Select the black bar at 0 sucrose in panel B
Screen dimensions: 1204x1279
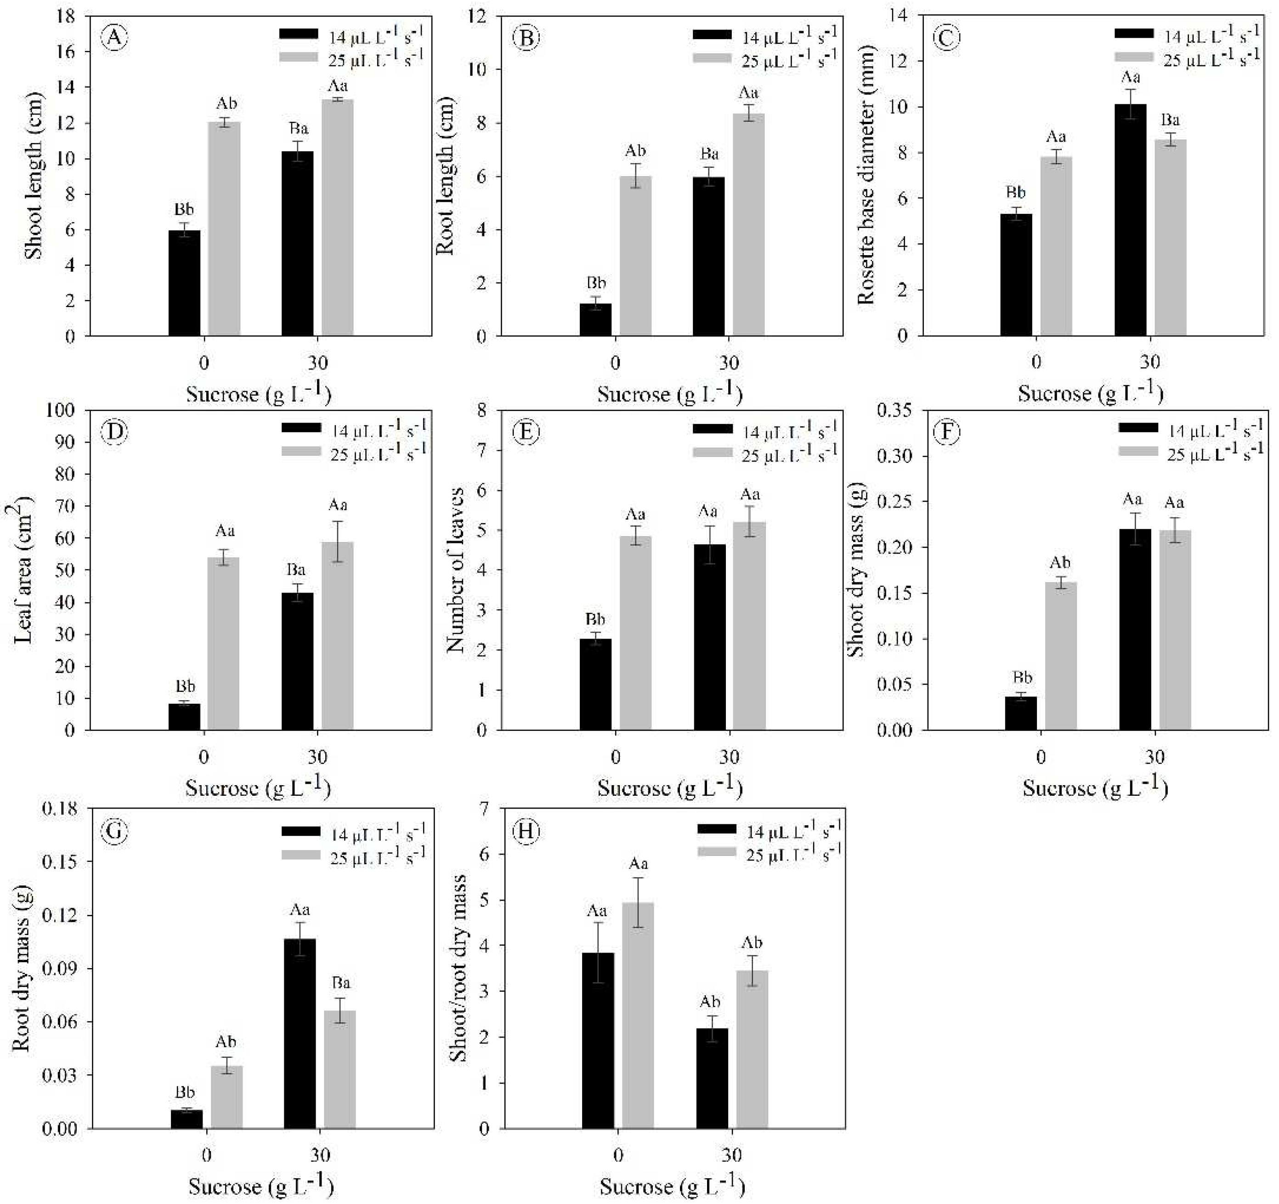[x=595, y=320]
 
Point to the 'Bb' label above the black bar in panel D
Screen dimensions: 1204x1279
[x=185, y=686]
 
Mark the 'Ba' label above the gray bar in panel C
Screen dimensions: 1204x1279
[x=1170, y=120]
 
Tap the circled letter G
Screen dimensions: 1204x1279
[x=116, y=831]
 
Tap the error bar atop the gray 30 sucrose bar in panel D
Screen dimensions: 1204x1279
[x=338, y=542]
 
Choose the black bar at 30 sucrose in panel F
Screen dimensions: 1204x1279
[x=1135, y=629]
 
